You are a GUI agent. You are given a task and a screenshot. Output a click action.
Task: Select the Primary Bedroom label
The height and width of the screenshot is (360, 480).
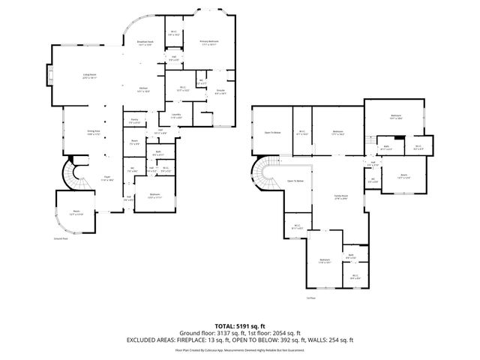click(x=208, y=43)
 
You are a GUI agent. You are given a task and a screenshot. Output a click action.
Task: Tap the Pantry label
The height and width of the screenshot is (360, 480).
click(x=134, y=121)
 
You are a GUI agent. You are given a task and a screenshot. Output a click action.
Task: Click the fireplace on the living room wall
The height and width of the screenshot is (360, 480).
click(x=50, y=76)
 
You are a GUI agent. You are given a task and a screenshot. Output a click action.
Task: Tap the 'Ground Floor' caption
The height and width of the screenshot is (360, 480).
click(x=61, y=238)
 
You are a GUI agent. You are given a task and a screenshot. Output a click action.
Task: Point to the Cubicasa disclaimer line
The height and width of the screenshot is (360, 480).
click(x=239, y=349)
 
